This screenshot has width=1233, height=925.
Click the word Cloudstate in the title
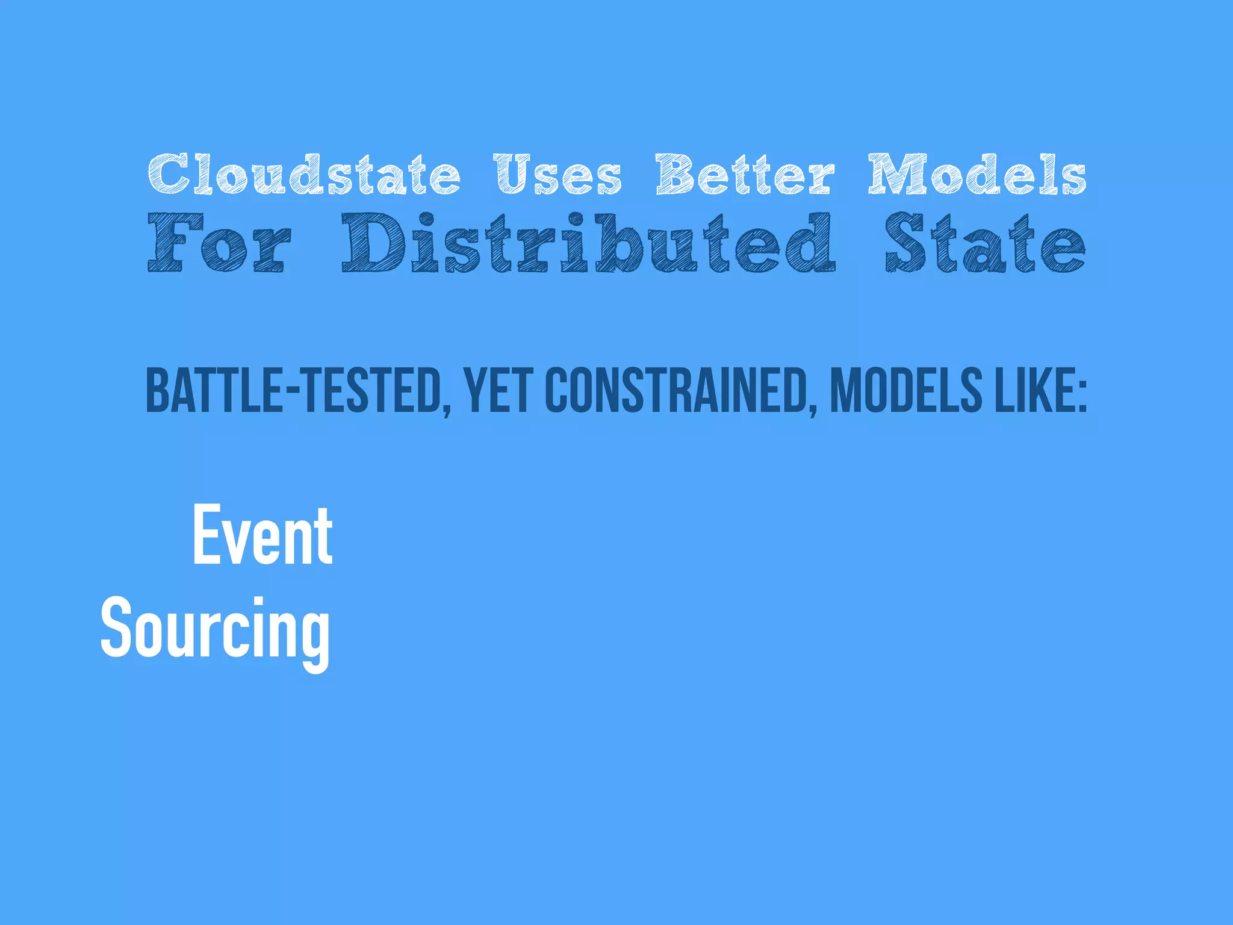pyautogui.click(x=304, y=174)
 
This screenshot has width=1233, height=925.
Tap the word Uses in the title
pyautogui.click(x=557, y=175)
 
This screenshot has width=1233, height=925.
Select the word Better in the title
pyautogui.click(x=745, y=174)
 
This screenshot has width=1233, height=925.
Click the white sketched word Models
pyautogui.click(x=977, y=174)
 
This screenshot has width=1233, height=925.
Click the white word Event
pyautogui.click(x=262, y=536)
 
